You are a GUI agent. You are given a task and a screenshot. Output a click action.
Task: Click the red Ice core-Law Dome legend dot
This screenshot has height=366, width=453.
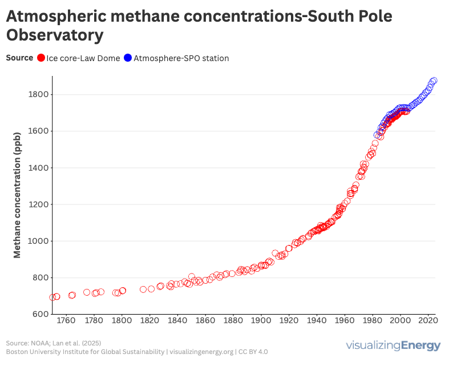point(41,58)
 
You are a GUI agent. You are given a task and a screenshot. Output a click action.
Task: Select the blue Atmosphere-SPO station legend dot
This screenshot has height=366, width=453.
point(128,58)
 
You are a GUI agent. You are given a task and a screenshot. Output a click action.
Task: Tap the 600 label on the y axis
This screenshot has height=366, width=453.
point(38,315)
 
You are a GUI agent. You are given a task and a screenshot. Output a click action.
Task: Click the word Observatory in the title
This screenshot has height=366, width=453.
point(55,35)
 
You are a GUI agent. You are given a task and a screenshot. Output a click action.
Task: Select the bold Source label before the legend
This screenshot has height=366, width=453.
point(19,58)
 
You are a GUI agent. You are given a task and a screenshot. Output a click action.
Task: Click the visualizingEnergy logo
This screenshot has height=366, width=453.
point(393,345)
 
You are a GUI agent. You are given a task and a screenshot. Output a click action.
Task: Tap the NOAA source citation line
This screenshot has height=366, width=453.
point(52,343)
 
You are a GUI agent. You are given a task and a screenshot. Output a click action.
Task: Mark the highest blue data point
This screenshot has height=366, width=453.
point(434,81)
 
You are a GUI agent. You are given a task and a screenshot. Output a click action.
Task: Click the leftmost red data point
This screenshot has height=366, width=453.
point(52,297)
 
